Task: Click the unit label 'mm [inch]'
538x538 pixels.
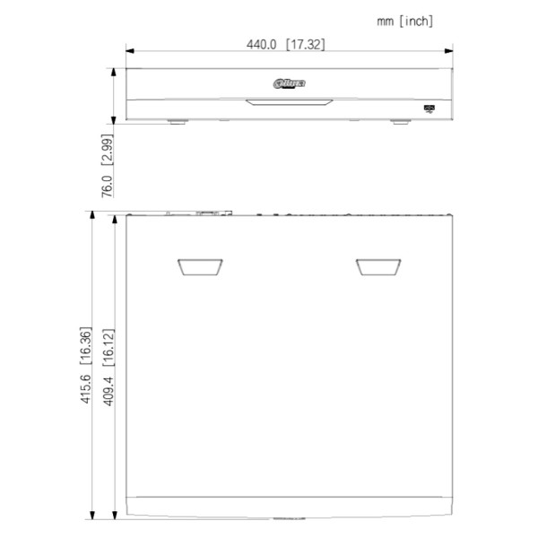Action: pos(405,21)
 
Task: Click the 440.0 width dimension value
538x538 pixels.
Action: pos(263,43)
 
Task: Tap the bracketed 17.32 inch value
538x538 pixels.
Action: pos(308,43)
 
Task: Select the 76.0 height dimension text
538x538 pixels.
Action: pos(107,185)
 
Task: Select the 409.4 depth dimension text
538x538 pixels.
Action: pos(108,388)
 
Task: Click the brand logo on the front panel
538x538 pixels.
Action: pos(289,83)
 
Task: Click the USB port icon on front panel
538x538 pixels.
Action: pos(429,108)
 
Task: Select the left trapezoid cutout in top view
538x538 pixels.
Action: pos(200,266)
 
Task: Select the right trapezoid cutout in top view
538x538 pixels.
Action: pos(377,266)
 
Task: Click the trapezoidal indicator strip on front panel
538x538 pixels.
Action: pos(289,100)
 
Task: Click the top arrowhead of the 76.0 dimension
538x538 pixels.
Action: pos(114,71)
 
